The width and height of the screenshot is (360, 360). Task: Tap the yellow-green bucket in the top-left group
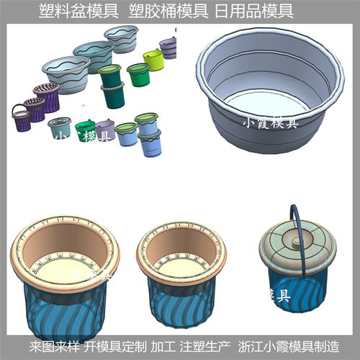(153, 59)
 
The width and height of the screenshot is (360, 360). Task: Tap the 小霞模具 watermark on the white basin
(269, 124)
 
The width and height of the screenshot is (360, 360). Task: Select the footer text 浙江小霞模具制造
(284, 346)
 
